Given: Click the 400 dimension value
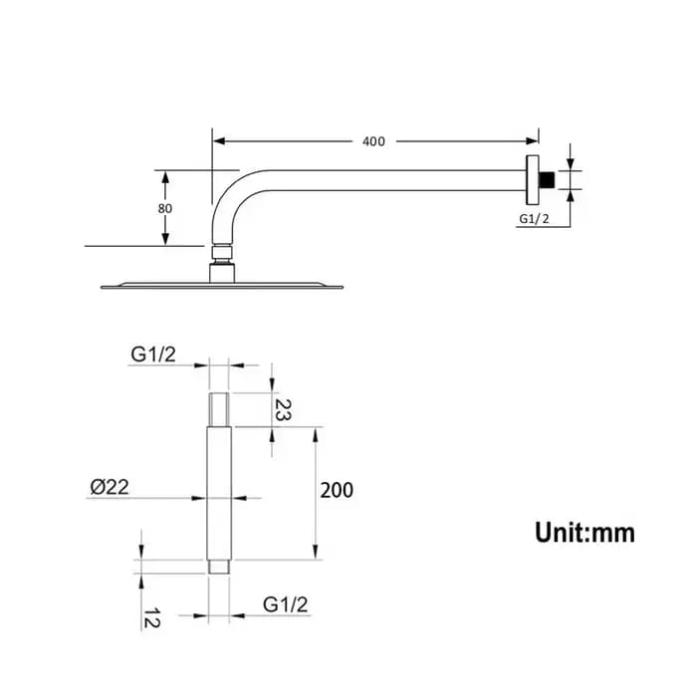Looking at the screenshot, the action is point(373,141).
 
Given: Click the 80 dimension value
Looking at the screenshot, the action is point(165,208).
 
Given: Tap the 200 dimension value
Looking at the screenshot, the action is point(337,490).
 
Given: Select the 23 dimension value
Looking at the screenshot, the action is point(283,409).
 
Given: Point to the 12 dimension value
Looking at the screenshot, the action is point(151,618).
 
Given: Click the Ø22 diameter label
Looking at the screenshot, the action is point(110,487).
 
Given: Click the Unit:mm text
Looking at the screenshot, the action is point(585,533).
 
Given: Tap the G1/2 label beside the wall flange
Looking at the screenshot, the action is point(534,219).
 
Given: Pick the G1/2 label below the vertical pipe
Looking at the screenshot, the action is point(285,605).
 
